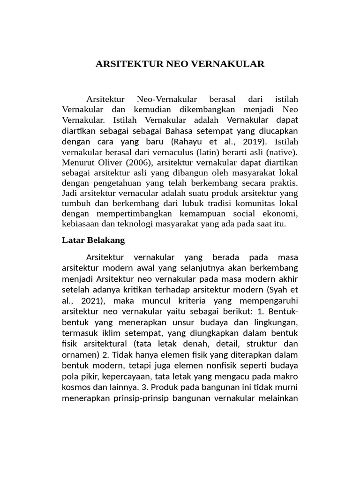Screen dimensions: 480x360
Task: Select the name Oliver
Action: tap(110, 162)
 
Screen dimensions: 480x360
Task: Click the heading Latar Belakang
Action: tap(93, 240)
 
